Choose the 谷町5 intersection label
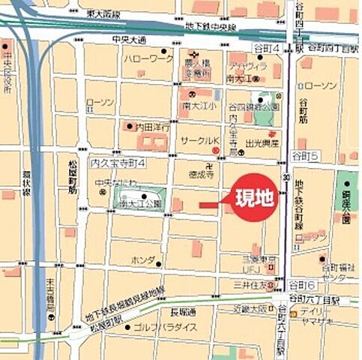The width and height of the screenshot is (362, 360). coord(305,155)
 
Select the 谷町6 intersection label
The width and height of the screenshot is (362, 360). coord(305,286)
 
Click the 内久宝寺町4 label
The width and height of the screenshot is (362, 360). coord(118,163)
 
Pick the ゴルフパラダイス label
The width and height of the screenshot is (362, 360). coord(165,328)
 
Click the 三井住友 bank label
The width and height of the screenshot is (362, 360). coord(251,284)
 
